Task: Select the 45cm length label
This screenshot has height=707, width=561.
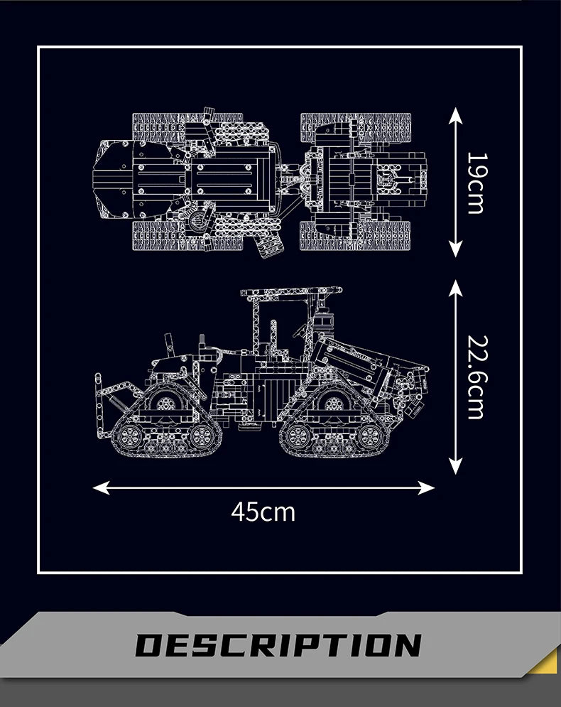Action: [263, 512]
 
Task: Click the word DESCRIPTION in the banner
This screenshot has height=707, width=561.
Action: [278, 645]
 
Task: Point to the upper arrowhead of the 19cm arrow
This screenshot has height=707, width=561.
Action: [455, 114]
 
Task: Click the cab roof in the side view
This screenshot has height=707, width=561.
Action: [291, 291]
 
